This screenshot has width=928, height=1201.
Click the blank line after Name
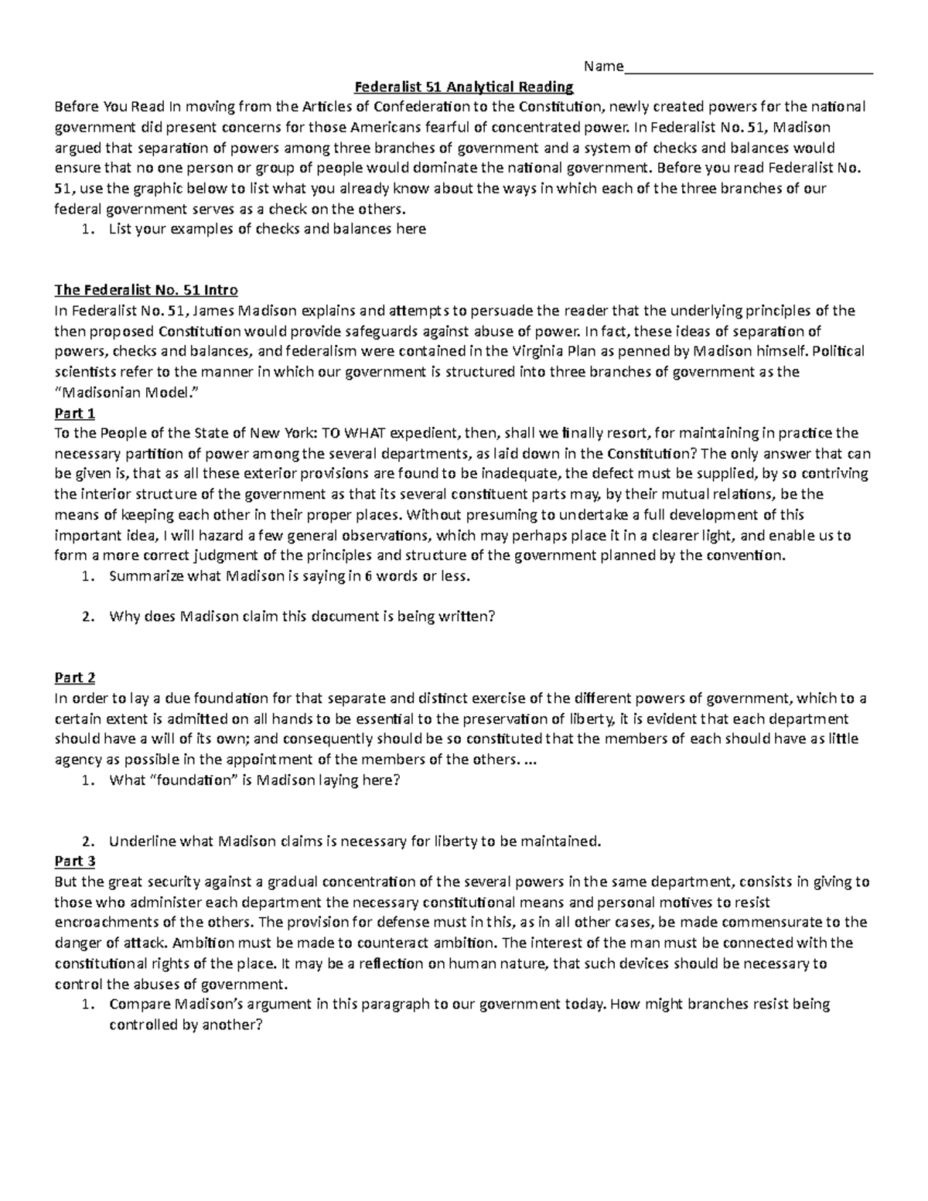click(748, 67)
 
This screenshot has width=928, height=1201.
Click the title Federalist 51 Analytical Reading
click(463, 87)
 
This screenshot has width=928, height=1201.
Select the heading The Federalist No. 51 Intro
click(146, 291)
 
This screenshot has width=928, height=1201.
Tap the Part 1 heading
click(75, 413)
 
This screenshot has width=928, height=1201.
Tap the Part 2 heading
click(75, 678)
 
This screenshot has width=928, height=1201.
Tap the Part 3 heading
click(75, 861)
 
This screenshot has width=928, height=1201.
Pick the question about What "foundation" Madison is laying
click(254, 780)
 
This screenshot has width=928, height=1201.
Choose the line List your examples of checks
click(267, 229)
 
